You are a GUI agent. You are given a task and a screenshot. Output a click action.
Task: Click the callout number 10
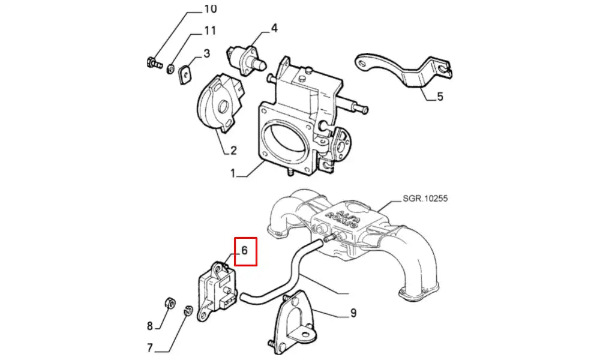210,9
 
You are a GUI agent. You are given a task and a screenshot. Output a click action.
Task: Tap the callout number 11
210,31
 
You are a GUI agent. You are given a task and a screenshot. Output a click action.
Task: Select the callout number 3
206,53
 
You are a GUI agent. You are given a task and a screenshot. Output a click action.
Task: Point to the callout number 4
274,28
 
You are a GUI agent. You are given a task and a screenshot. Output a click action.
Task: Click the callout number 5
440,96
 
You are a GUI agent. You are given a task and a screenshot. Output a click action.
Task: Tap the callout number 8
150,326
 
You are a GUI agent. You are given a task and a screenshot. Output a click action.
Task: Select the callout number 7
150,347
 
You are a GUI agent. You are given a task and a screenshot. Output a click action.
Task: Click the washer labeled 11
171,68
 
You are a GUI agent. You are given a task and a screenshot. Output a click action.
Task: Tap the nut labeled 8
170,302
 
